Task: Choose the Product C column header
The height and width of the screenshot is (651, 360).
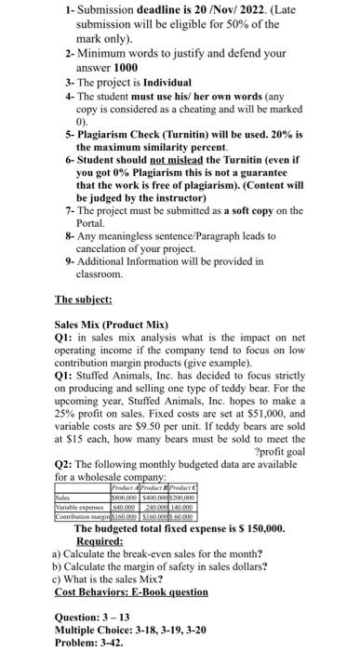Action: (x=194, y=487)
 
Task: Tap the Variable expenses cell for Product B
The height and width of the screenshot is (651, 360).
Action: (x=158, y=505)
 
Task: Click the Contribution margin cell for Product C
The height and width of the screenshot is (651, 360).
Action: (x=193, y=513)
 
